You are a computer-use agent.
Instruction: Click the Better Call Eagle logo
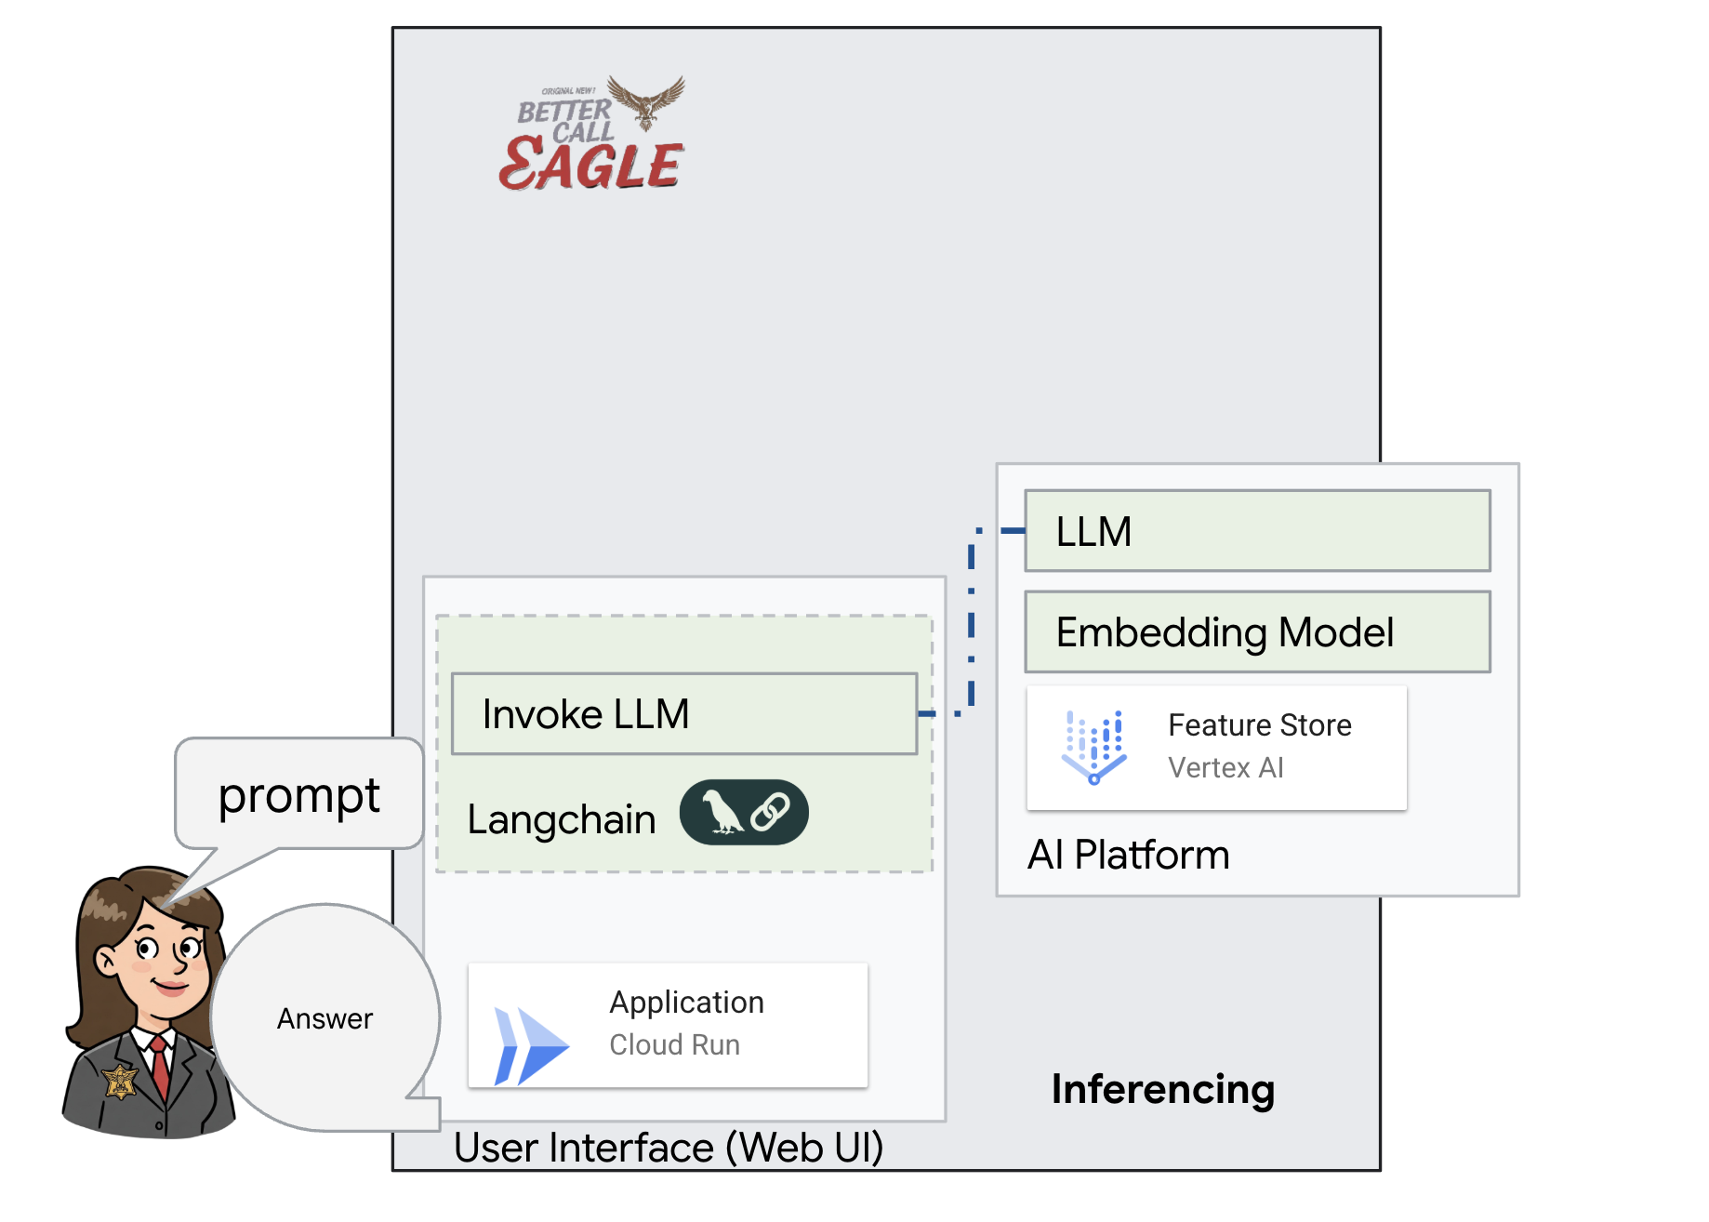click(592, 136)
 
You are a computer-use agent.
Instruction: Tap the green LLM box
click(1256, 531)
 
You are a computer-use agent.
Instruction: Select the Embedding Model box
click(1256, 632)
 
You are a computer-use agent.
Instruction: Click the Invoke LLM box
click(683, 714)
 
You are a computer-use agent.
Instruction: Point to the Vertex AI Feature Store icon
click(1093, 747)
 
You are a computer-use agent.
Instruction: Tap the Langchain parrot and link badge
click(744, 812)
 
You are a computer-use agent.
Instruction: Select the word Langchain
click(562, 820)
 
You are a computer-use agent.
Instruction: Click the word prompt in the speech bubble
click(298, 796)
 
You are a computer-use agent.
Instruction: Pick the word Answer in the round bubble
click(325, 1019)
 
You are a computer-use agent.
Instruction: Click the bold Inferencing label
click(1162, 1089)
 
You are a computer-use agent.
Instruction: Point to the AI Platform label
click(1128, 855)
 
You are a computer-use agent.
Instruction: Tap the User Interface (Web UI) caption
click(669, 1148)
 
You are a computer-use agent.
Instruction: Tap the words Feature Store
click(1259, 725)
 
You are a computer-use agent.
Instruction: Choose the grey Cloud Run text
click(674, 1045)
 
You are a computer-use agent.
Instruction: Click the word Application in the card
click(686, 1003)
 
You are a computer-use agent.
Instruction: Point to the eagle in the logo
click(648, 100)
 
